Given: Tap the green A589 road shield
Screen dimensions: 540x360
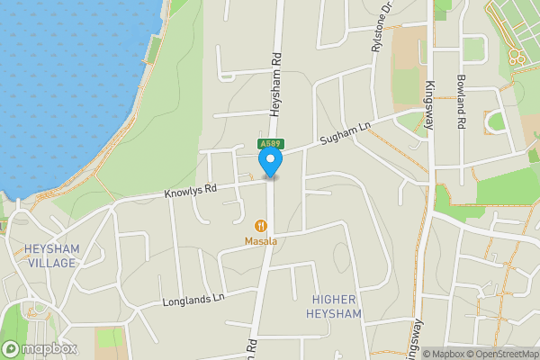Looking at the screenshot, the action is [270, 143].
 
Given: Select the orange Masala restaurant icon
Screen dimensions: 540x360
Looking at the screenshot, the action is [261, 226].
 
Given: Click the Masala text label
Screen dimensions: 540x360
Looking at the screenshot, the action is [261, 241].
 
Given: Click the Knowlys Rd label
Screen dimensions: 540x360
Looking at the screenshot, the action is [191, 192].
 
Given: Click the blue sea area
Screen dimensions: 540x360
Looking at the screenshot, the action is [63, 81].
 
